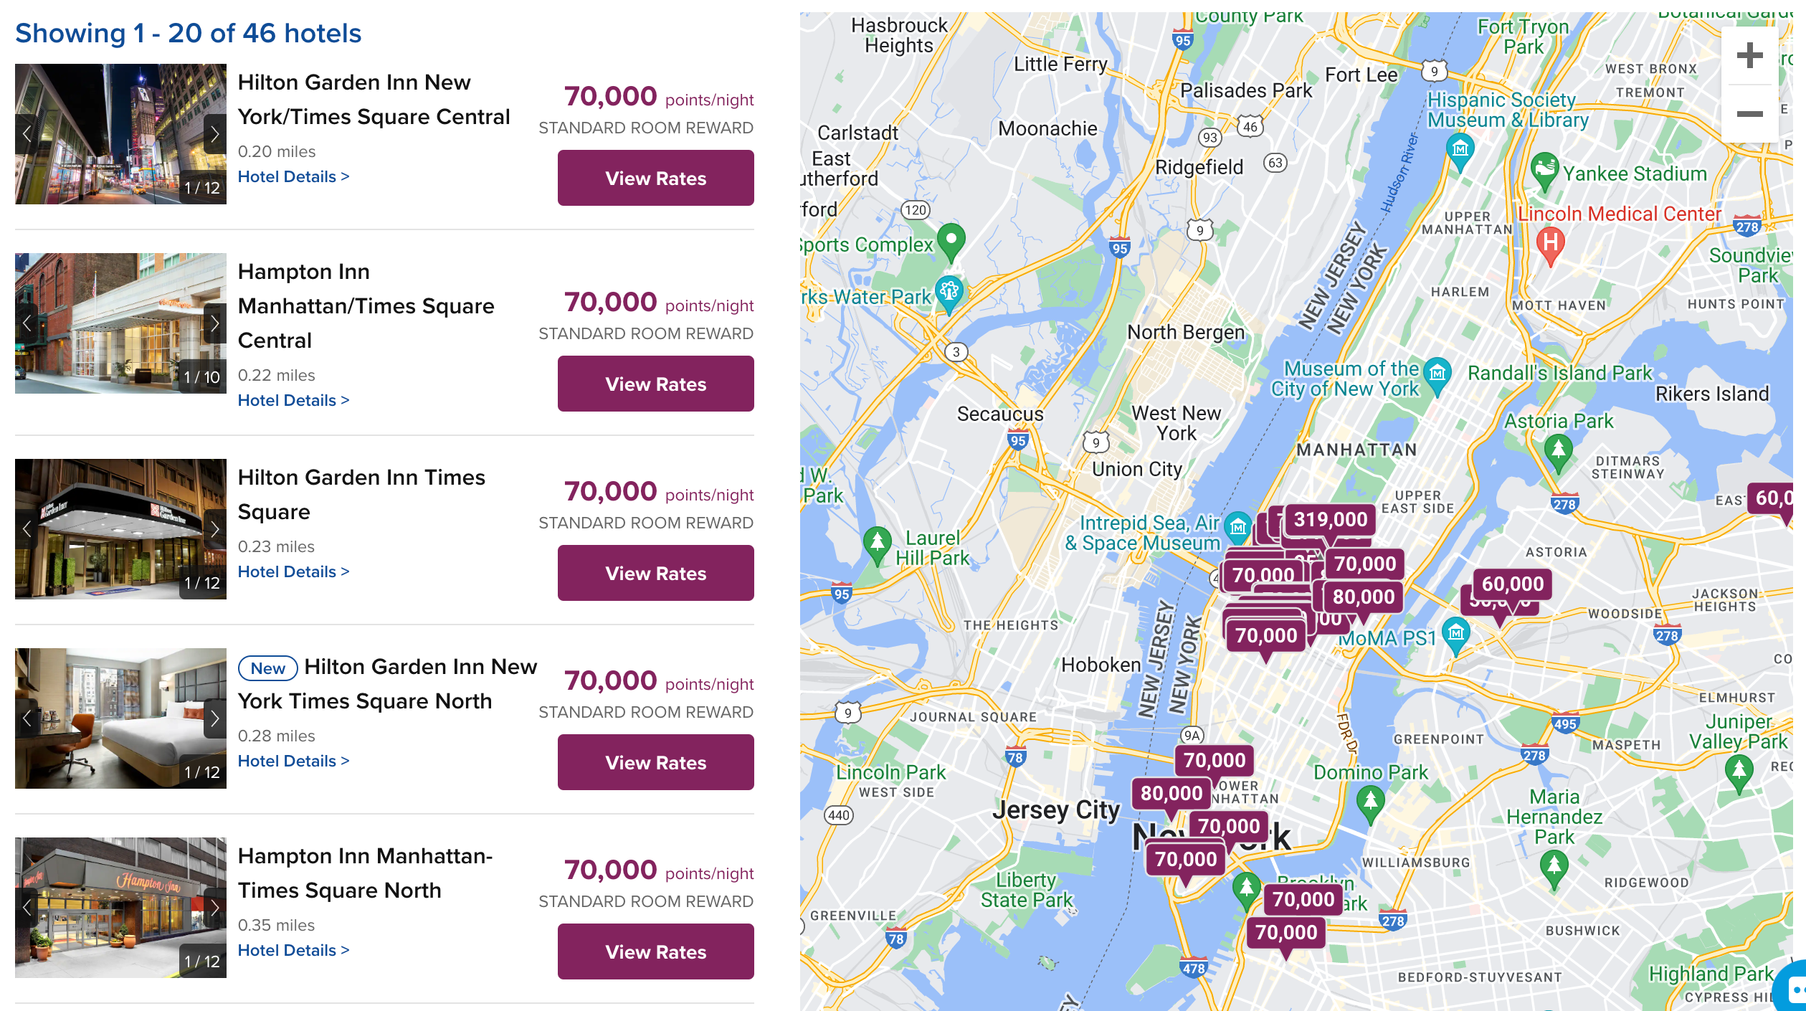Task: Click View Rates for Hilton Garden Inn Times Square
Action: pos(655,573)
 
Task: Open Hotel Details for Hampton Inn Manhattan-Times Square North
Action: pos(293,950)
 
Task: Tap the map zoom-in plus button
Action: pos(1749,55)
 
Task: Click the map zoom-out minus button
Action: pos(1749,114)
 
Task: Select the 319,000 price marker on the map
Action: pos(1330,519)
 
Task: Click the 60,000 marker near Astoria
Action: pos(1512,584)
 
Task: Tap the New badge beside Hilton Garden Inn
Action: pos(267,668)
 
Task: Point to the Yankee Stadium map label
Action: pos(1635,174)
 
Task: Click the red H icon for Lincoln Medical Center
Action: pos(1550,242)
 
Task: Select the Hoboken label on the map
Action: pos(1101,665)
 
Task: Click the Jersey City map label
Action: pos(1055,810)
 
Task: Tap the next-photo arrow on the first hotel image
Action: pos(214,134)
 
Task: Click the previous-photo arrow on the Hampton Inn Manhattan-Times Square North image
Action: pos(27,908)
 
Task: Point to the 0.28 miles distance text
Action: pos(277,736)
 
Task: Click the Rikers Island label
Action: pos(1711,394)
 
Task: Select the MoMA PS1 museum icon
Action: pos(1455,633)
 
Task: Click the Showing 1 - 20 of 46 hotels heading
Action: pos(189,33)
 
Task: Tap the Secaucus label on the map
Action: pos(1000,414)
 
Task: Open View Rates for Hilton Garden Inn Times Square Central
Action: pos(655,178)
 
